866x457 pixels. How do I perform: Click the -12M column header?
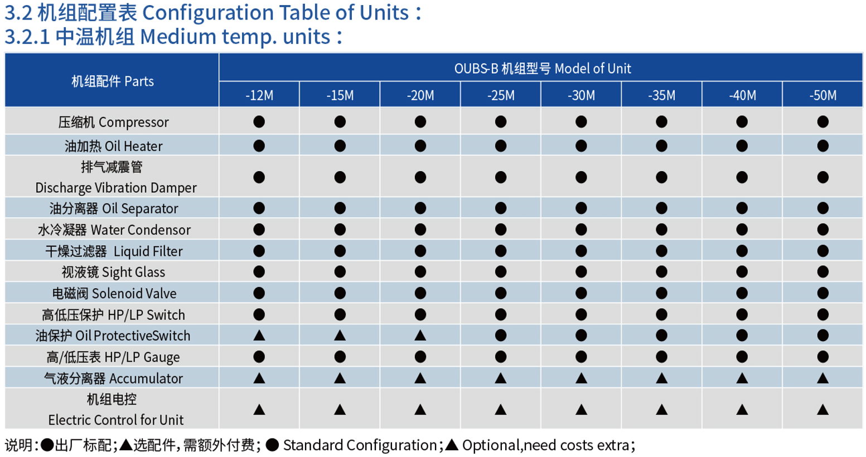click(x=259, y=95)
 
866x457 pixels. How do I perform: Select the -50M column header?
click(x=823, y=95)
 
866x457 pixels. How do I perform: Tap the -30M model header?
click(x=581, y=95)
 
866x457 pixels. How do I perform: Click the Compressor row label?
click(x=114, y=122)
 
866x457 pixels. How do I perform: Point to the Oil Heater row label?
click(x=114, y=146)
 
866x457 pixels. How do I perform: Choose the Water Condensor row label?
click(x=114, y=230)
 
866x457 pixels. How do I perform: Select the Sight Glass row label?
click(x=113, y=273)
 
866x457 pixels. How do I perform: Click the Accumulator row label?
click(x=113, y=378)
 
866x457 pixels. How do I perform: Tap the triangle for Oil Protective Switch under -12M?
click(x=259, y=336)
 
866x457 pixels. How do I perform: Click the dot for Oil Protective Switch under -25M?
click(x=501, y=336)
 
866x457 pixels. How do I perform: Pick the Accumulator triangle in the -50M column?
click(x=823, y=378)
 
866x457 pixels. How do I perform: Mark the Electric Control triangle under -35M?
click(x=661, y=409)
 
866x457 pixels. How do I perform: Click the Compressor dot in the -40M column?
click(x=742, y=121)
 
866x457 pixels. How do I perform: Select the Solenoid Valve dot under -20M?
click(x=420, y=293)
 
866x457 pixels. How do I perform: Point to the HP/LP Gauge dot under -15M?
click(x=340, y=357)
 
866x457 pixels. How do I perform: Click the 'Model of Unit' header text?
click(x=593, y=69)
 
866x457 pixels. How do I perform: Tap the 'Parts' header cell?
click(x=112, y=81)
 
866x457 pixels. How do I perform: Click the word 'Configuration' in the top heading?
click(x=207, y=13)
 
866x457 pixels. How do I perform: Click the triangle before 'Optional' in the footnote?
click(x=452, y=445)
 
